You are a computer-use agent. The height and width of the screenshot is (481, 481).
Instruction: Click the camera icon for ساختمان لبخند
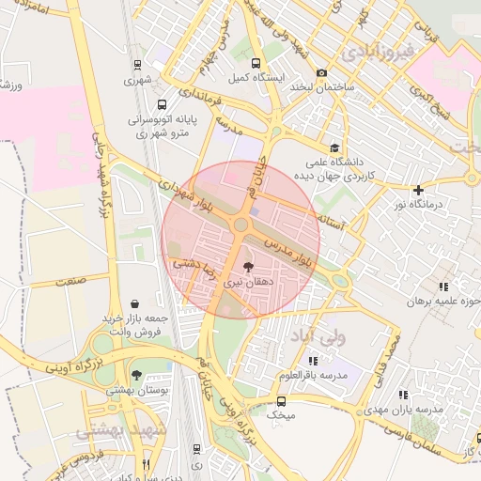322,73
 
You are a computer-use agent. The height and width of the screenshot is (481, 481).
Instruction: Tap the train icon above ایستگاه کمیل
244,64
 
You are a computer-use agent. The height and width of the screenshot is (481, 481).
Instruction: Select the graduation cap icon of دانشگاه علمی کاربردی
335,147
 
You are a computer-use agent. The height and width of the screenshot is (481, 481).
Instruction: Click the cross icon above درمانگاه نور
418,190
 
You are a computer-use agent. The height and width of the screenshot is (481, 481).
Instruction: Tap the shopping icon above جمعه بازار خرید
137,303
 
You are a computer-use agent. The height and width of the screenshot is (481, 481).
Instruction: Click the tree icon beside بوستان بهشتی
137,375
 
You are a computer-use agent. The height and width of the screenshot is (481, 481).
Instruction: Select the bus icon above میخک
279,399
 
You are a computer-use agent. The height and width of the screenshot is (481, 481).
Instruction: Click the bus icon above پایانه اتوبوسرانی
163,106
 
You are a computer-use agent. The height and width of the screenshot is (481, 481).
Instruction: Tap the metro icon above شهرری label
138,65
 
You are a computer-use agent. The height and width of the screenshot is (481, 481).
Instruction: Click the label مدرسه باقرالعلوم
313,375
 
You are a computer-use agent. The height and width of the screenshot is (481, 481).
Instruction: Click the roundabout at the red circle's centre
240,225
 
